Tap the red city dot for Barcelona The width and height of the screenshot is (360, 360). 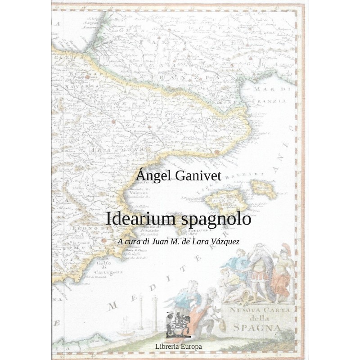[217, 153]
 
